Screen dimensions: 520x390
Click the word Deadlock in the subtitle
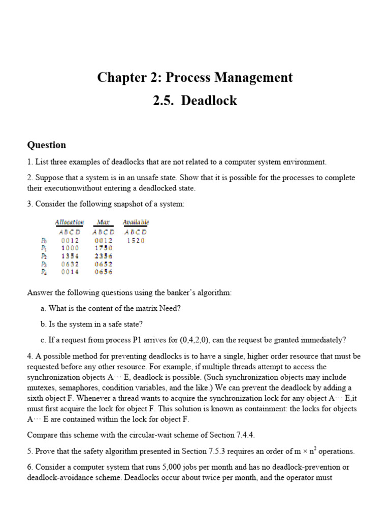click(209, 101)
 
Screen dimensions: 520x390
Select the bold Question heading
click(46, 145)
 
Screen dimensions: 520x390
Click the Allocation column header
click(70, 222)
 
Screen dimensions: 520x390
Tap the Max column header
click(103, 222)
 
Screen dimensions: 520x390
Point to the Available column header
click(136, 222)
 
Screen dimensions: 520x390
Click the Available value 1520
click(136, 240)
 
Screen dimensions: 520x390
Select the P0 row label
click(44, 240)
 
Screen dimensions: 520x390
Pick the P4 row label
click(44, 272)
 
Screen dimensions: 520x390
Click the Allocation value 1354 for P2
click(70, 256)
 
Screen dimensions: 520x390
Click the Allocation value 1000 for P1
click(70, 248)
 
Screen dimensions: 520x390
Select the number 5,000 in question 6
click(171, 467)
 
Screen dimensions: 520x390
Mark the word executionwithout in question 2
click(74, 188)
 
